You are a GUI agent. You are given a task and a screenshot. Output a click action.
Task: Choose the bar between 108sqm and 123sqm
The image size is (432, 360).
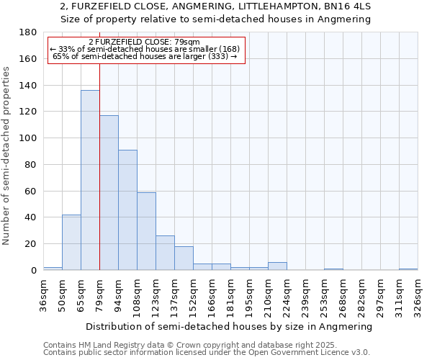(x=146, y=231)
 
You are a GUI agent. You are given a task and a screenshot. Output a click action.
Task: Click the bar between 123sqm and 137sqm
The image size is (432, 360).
(x=165, y=253)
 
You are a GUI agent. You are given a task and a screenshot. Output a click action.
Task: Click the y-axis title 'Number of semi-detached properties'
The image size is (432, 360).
(x=7, y=156)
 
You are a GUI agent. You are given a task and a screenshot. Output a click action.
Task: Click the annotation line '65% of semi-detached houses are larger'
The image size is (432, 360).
(x=145, y=56)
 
